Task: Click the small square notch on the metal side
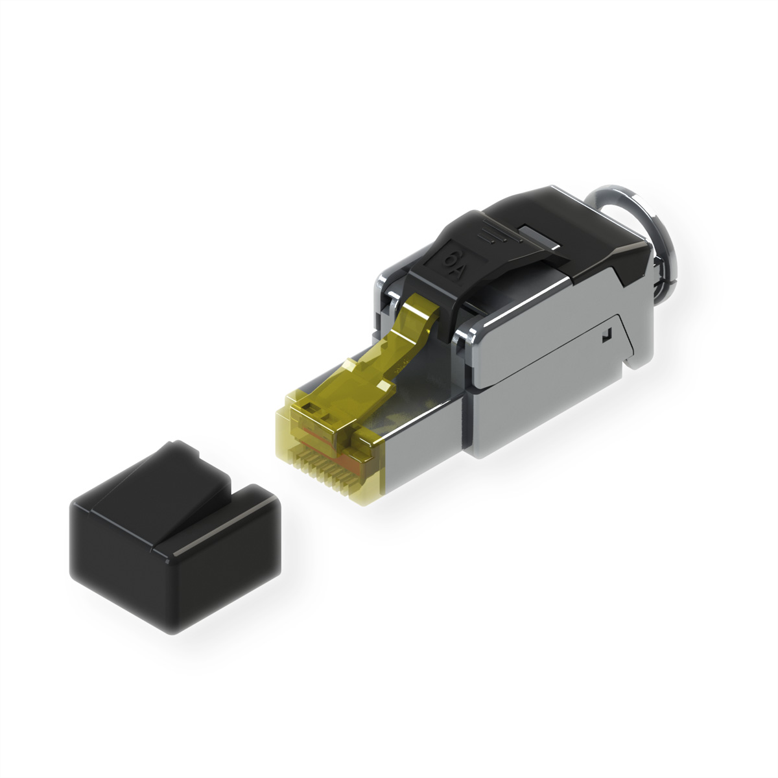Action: [x=606, y=335]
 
